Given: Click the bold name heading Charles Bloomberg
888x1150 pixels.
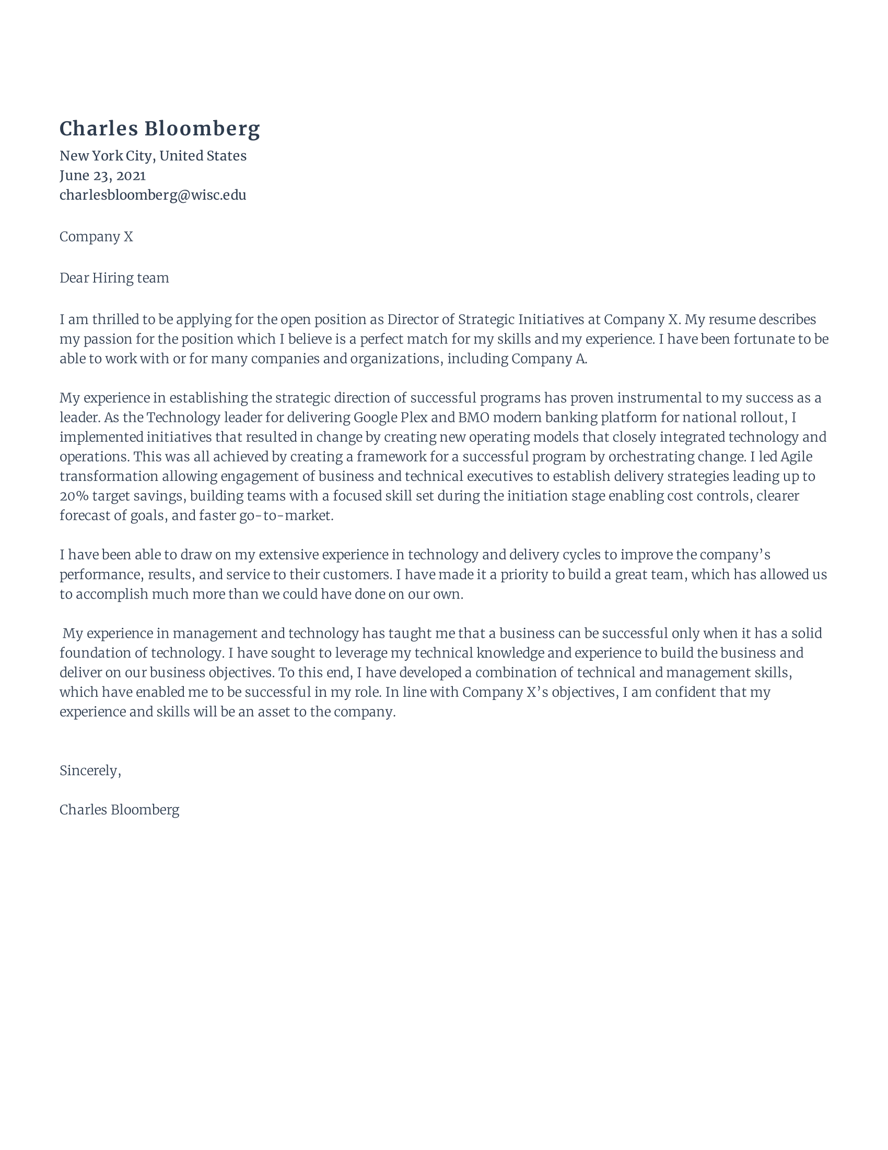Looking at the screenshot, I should pos(159,129).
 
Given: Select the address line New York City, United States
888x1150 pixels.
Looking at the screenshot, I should pos(153,156).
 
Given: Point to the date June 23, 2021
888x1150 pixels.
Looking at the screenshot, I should pos(102,175).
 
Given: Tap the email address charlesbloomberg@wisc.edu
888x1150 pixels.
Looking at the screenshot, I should pos(153,195).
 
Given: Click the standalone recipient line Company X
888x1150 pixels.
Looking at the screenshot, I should pos(96,236).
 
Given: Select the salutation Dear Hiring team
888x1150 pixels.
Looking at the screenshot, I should pos(114,278).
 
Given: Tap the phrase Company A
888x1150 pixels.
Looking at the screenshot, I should pos(548,359).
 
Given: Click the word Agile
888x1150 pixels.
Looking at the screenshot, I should pos(796,456).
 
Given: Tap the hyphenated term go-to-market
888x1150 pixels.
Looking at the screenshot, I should pos(286,515).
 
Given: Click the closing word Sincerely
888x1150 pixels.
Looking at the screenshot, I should pos(89,770).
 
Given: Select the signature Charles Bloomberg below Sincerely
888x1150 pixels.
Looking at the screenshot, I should pos(120,809).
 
